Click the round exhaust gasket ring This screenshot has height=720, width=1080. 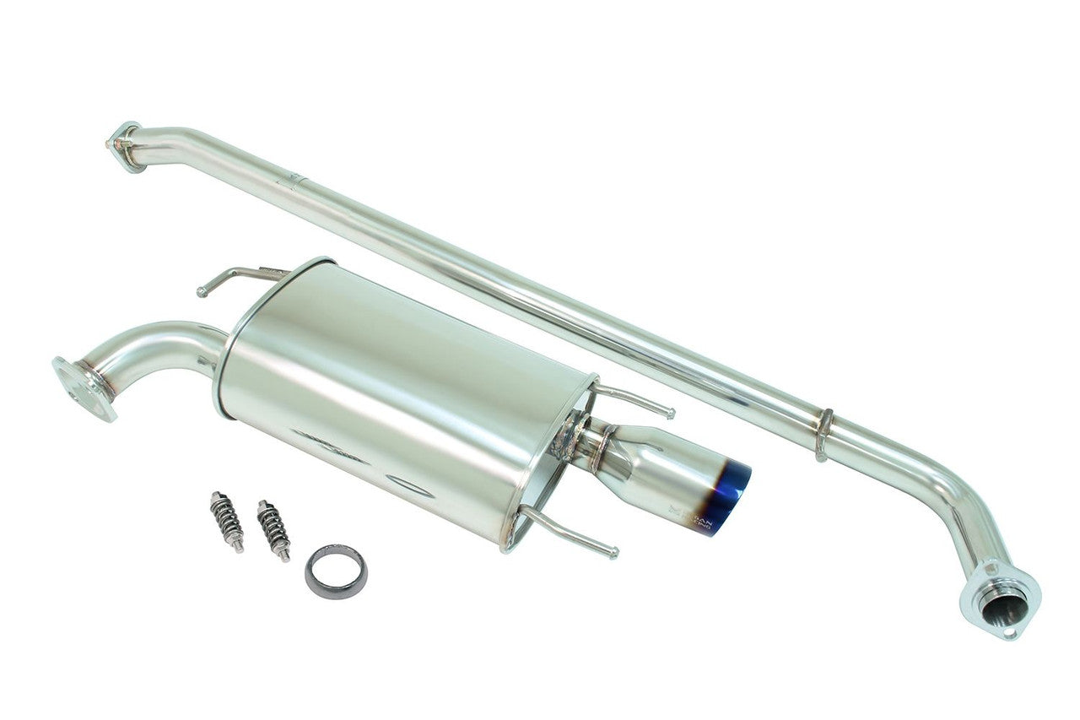pos(336,571)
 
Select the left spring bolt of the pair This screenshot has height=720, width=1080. pos(226,521)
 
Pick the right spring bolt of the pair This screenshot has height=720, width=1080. pos(273,529)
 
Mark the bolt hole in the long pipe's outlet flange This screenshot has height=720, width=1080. pos(1013,630)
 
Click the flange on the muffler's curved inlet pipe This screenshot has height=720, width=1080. pos(83,388)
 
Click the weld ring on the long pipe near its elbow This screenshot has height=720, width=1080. pos(823,435)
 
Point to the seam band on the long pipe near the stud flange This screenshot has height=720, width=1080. pos(294,179)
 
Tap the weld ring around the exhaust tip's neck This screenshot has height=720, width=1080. pos(605,447)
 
